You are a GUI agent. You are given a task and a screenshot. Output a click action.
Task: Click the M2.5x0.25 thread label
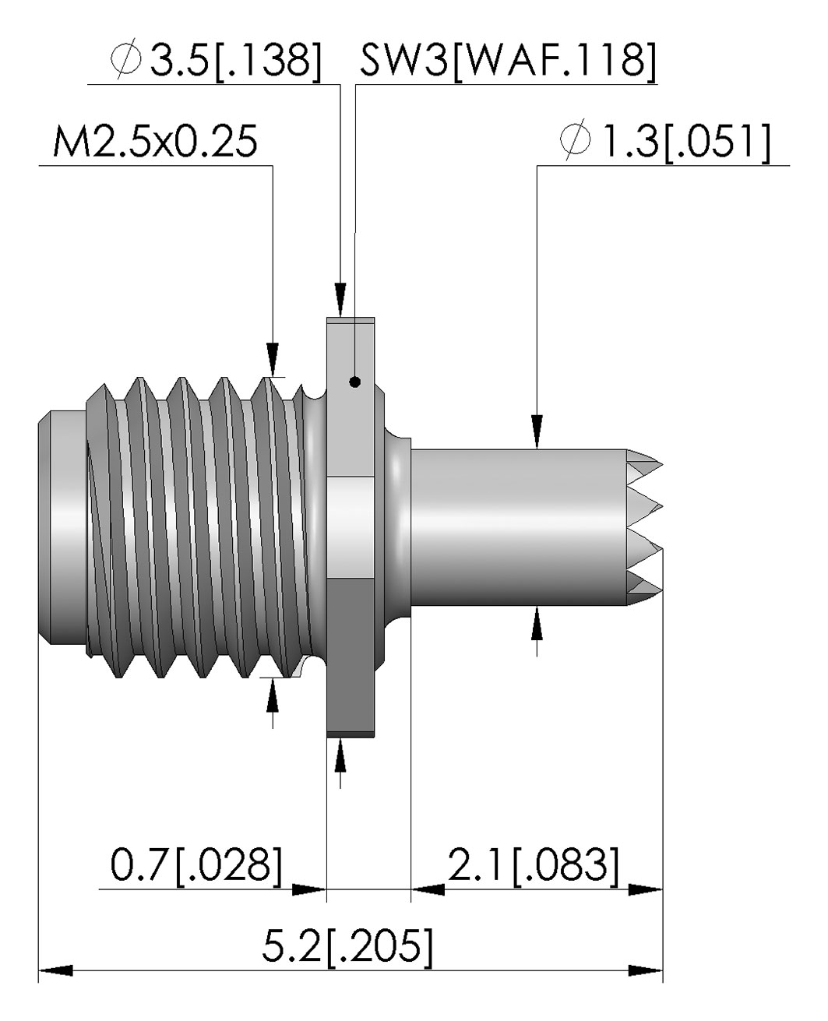coord(155,142)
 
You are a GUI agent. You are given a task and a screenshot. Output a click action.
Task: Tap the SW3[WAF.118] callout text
coord(507,60)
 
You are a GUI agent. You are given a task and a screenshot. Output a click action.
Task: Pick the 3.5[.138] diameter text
coord(235,60)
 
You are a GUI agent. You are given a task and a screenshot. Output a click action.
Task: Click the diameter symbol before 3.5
coord(126,58)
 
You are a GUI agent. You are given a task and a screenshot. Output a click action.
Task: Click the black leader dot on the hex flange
coord(354,382)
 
